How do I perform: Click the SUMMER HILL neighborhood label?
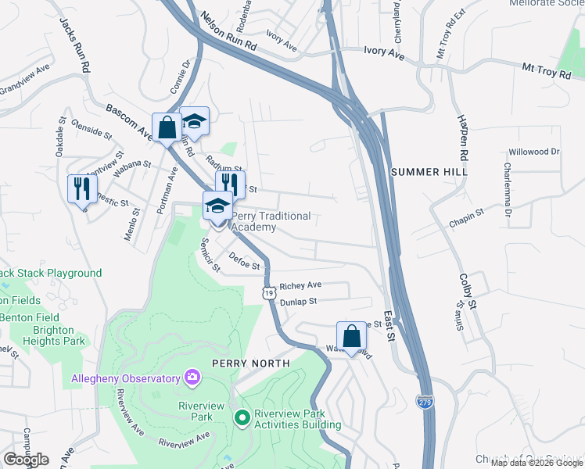(x=429, y=171)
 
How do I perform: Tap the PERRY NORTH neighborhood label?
(x=251, y=363)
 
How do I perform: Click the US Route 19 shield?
(x=268, y=292)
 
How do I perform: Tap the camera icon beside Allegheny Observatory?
(x=192, y=378)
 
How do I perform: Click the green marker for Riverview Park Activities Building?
(x=242, y=418)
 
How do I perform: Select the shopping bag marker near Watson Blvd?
(x=352, y=336)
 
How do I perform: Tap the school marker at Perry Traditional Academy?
(x=217, y=206)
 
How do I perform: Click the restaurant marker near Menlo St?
(x=82, y=188)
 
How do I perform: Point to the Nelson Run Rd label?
(x=228, y=31)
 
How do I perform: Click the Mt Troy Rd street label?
(x=553, y=71)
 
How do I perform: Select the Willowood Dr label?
(x=534, y=152)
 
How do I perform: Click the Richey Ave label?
(x=301, y=286)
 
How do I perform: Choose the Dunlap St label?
(x=298, y=301)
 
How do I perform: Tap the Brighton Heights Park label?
(x=53, y=336)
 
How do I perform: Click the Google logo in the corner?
(x=26, y=460)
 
